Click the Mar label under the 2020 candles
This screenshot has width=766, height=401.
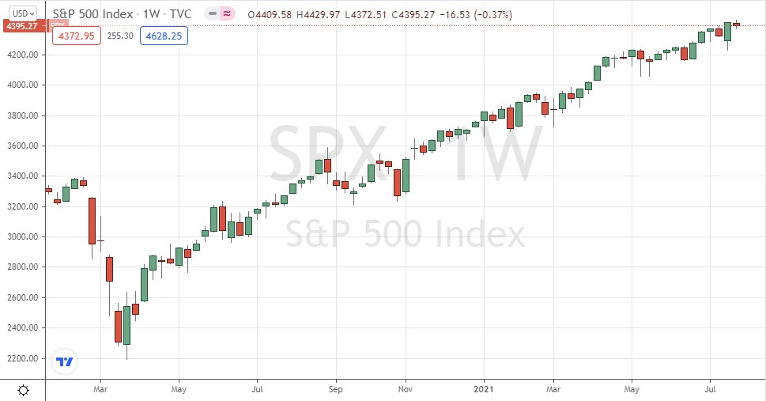[x=100, y=389]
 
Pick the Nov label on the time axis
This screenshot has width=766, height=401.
[x=406, y=389]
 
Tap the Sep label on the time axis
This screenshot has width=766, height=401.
[x=336, y=389]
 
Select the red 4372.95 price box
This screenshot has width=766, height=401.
[x=76, y=36]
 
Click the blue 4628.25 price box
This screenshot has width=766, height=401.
[x=164, y=36]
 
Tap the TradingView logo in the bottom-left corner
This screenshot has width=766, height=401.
[x=64, y=362]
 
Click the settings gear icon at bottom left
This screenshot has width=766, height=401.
[x=23, y=389]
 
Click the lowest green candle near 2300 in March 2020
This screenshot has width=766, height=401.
[x=126, y=325]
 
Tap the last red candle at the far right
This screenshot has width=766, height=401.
[x=736, y=25]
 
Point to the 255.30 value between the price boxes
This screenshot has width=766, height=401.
[x=120, y=36]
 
